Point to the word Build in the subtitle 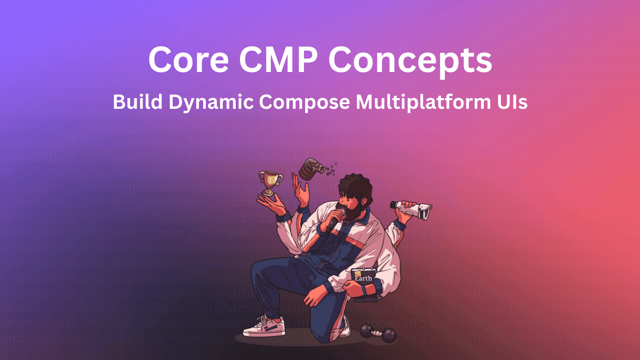point(137,102)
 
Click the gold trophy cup point(270,182)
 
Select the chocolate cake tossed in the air point(308,169)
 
